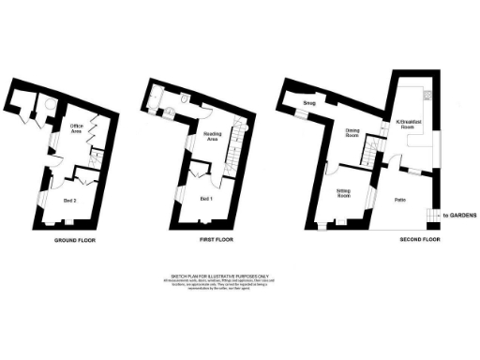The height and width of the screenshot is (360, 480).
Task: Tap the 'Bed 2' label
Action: click(69, 200)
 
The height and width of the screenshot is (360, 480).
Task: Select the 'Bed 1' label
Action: click(206, 200)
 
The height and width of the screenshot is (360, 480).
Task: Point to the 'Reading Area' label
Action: click(213, 138)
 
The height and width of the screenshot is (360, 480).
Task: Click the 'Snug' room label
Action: click(308, 103)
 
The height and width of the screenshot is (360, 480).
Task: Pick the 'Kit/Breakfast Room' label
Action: click(407, 124)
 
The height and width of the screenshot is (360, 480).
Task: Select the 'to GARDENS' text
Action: click(460, 216)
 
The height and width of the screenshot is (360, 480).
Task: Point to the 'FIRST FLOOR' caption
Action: click(218, 241)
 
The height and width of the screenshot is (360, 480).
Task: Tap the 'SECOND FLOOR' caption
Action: click(418, 241)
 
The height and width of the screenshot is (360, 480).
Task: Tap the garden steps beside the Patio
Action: click(432, 216)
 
